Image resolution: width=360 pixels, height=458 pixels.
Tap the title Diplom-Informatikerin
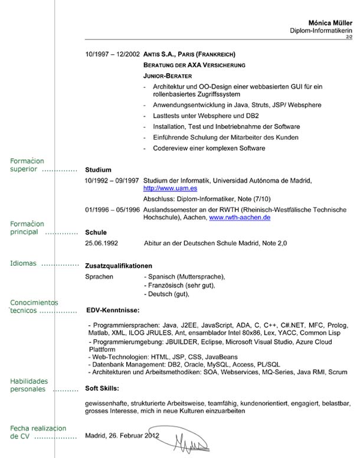pos(321,31)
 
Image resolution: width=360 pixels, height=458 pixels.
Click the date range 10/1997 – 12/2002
pos(112,53)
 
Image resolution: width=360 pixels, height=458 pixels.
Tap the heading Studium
pos(98,169)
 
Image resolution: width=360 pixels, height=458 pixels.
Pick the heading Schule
pos(96,233)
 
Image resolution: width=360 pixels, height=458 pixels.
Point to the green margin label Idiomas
pos(23,263)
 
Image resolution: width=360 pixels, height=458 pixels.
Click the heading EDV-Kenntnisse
pos(112,309)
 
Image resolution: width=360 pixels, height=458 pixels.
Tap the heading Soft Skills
pos(102,389)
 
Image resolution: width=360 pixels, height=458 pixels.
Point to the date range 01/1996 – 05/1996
pos(112,210)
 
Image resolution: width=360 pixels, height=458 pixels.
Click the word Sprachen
pos(99,276)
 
